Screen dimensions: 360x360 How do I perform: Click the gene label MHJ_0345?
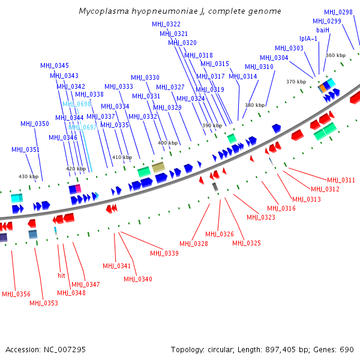55,65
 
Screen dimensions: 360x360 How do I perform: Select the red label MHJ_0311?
341,180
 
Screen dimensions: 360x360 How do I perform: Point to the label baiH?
323,30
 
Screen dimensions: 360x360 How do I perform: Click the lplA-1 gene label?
308,39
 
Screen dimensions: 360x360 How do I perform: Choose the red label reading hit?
61,275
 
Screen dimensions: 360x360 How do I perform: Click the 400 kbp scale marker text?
167,143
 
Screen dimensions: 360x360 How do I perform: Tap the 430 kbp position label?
28,176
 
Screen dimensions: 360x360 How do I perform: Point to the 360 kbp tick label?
336,55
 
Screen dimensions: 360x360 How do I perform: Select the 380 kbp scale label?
254,105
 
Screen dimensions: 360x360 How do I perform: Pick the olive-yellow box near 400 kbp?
158,167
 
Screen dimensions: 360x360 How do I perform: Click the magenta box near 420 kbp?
77,189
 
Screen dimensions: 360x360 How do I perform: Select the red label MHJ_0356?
16,294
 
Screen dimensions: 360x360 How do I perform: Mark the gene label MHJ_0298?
338,12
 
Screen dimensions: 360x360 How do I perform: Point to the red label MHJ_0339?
164,253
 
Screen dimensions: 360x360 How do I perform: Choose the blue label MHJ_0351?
25,149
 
